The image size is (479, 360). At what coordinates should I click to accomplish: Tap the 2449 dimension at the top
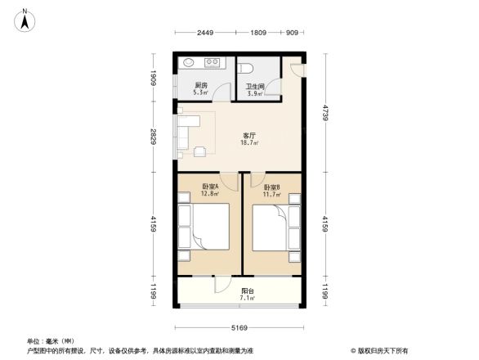(204, 34)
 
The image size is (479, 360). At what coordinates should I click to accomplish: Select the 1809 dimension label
(257, 34)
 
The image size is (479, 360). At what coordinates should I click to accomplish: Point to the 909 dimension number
(292, 34)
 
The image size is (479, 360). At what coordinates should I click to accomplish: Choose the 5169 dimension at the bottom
(239, 328)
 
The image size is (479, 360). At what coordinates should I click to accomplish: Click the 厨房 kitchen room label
(200, 86)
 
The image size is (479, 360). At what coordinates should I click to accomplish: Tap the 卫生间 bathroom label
(254, 86)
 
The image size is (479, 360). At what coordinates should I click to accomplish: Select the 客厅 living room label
(249, 136)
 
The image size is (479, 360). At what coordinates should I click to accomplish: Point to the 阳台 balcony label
(247, 290)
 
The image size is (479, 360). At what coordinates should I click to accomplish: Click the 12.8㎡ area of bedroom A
(210, 195)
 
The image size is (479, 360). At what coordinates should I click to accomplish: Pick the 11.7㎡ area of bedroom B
(270, 195)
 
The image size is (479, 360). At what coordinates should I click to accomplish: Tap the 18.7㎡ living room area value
(249, 143)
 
